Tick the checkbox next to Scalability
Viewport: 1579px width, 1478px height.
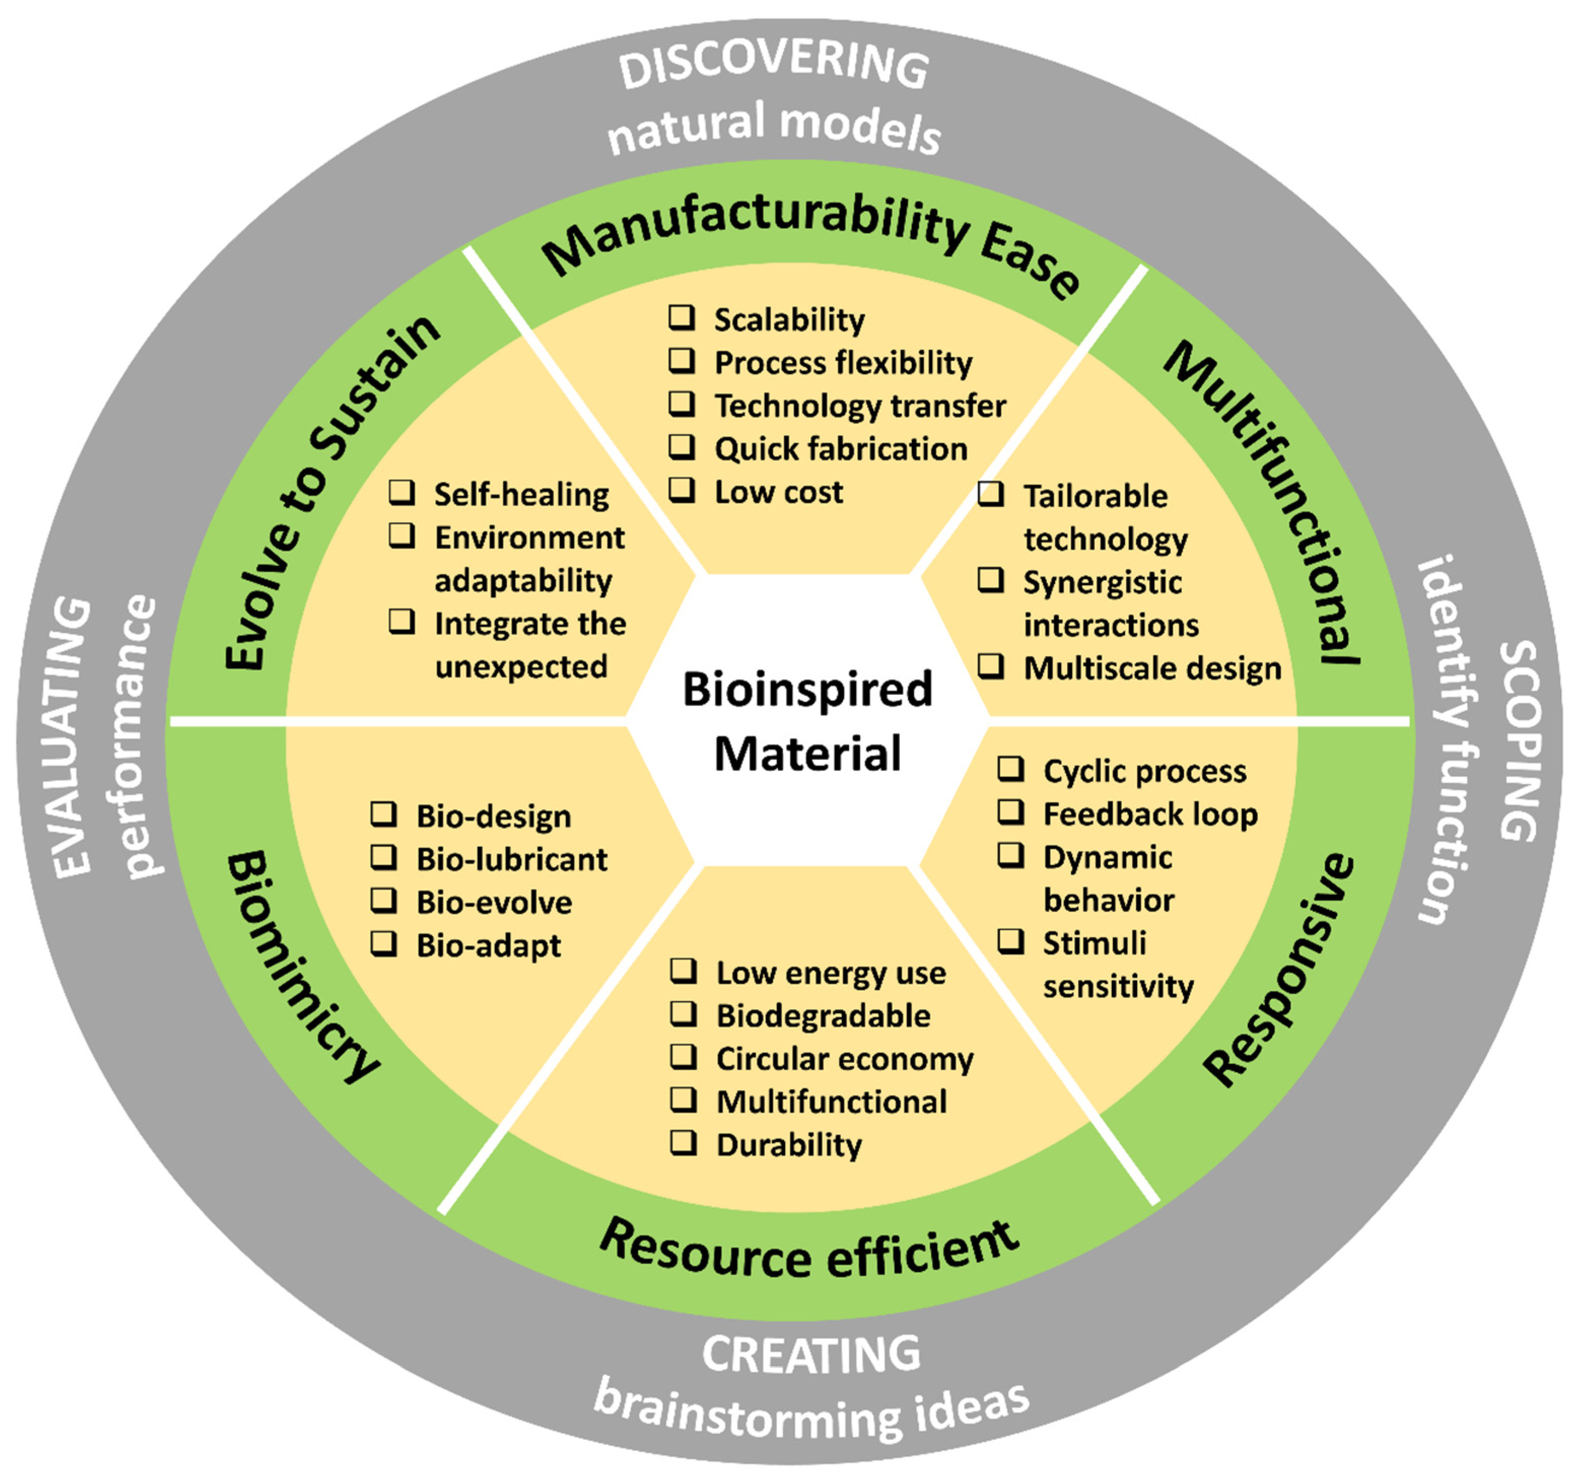click(x=681, y=318)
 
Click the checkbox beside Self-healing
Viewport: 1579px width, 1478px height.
click(x=401, y=492)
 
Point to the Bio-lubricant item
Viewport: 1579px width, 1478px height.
click(x=511, y=859)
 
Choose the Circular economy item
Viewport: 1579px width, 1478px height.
click(x=845, y=1059)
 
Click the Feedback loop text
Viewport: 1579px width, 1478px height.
click(x=1149, y=814)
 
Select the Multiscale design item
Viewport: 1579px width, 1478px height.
click(x=1152, y=668)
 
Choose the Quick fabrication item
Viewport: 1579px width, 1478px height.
click(x=840, y=449)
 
